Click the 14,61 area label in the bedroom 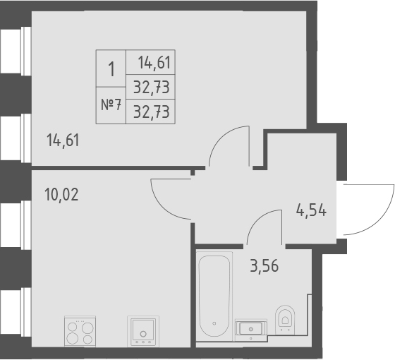pyautogui.click(x=63, y=139)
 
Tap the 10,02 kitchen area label pyautogui.click(x=61, y=194)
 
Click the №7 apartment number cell pyautogui.click(x=111, y=104)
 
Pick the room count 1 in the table pyautogui.click(x=111, y=69)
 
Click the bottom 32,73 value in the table pyautogui.click(x=151, y=111)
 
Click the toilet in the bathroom pyautogui.click(x=286, y=319)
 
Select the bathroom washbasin pyautogui.click(x=250, y=328)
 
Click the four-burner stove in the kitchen pyautogui.click(x=79, y=330)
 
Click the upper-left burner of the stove pyautogui.click(x=72, y=325)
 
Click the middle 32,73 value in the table pyautogui.click(x=151, y=88)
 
